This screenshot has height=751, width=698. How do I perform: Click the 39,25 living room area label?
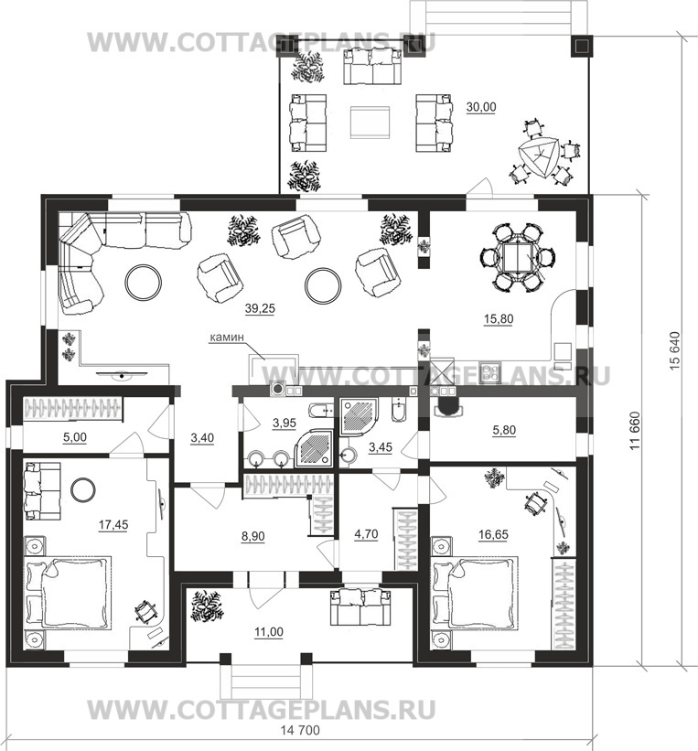pos(260,308)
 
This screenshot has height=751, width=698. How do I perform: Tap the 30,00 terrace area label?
pos(481,107)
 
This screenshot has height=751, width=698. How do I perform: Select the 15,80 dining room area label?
pos(499,318)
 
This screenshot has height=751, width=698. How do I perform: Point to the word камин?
pos(227,338)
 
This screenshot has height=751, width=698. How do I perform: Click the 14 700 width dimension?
pos(299,730)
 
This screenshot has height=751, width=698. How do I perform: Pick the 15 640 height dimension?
pos(674,350)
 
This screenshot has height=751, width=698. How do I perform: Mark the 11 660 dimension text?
pos(635,430)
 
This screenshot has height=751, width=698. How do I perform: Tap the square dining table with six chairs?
pos(517,257)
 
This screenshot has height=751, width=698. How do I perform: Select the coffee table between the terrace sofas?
pos(370,123)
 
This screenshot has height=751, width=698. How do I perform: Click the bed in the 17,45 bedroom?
pos(68,592)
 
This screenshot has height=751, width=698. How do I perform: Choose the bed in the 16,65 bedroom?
pos(475,592)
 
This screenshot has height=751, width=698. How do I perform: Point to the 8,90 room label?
pos(253,536)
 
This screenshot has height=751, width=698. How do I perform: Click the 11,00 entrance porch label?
pos(269,632)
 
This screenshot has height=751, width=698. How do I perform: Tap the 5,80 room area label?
pos(504,430)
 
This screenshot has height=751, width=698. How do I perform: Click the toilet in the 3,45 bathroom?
pos(399,410)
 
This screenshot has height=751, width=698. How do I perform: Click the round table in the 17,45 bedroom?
pos(83,490)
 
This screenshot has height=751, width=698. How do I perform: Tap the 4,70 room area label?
pos(366,533)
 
